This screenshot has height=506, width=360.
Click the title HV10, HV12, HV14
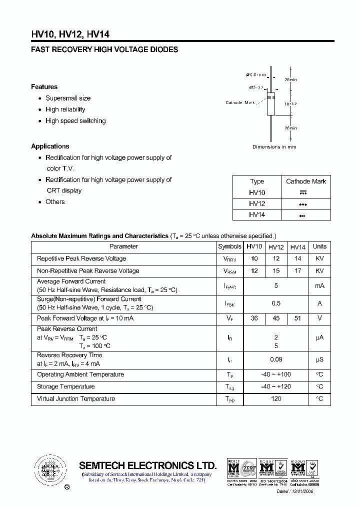tap(70, 34)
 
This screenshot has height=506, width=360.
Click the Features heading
tap(44, 87)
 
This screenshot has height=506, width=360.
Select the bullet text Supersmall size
tap(68, 98)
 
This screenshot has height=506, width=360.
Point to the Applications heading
tap(50, 146)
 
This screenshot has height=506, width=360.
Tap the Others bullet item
tap(55, 202)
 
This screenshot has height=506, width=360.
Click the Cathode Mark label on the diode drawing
tap(240, 102)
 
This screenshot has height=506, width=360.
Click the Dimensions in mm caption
tap(274, 147)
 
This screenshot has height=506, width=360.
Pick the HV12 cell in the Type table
tap(257, 204)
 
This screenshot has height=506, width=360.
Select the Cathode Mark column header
tap(305, 181)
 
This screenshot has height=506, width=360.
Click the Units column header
tap(319, 246)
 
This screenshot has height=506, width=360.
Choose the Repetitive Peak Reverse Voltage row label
tap(81, 259)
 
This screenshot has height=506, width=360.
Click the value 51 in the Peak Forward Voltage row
tap(297, 318)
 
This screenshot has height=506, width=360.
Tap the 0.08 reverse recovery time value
tap(276, 359)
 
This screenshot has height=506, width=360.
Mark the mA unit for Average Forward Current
tap(319, 286)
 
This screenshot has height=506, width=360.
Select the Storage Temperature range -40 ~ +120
tap(276, 386)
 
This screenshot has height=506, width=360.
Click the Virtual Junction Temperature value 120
tap(276, 399)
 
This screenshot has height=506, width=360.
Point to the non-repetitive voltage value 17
tap(297, 271)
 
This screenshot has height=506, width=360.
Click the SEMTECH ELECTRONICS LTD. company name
tap(148, 465)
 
